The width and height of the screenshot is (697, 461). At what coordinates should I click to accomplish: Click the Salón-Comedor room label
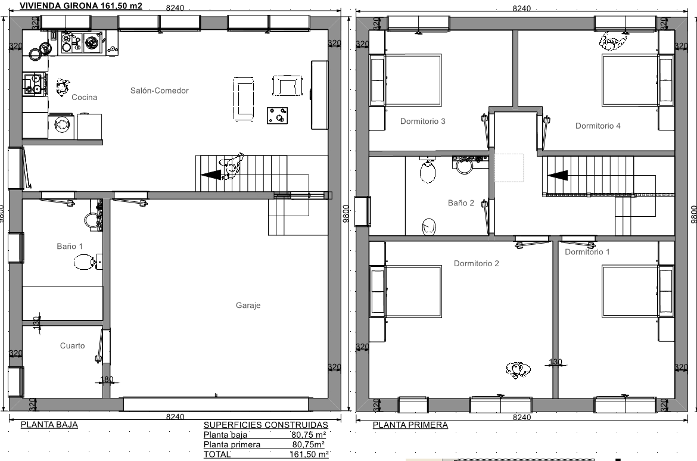pyautogui.click(x=159, y=91)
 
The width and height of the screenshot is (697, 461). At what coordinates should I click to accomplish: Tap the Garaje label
pyautogui.click(x=248, y=306)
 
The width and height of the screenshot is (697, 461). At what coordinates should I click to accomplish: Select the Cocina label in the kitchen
pyautogui.click(x=85, y=97)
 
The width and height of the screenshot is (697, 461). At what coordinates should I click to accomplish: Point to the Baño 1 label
pyautogui.click(x=70, y=246)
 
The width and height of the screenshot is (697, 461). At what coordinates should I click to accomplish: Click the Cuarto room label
pyautogui.click(x=73, y=346)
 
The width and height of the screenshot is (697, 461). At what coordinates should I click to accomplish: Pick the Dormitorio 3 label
pyautogui.click(x=423, y=122)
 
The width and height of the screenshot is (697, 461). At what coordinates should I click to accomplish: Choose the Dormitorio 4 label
pyautogui.click(x=598, y=126)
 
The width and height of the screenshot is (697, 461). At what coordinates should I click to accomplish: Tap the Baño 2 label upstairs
pyautogui.click(x=461, y=203)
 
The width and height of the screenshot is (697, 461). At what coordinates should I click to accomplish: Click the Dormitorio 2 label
pyautogui.click(x=476, y=264)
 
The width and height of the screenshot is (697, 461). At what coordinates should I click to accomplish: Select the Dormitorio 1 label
pyautogui.click(x=587, y=252)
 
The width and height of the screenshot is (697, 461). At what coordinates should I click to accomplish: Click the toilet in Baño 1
pyautogui.click(x=85, y=262)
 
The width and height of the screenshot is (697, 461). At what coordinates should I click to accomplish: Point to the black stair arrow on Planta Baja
pyautogui.click(x=211, y=175)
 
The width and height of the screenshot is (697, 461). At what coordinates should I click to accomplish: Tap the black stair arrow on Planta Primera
pyautogui.click(x=558, y=176)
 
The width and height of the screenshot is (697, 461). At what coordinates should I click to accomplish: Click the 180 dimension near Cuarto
pyautogui.click(x=107, y=379)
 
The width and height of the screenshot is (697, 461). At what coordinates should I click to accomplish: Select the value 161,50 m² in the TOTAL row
pyautogui.click(x=309, y=454)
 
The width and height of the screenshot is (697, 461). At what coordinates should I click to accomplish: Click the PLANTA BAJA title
pyautogui.click(x=49, y=425)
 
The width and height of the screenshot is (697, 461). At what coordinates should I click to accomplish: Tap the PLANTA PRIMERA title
pyautogui.click(x=410, y=425)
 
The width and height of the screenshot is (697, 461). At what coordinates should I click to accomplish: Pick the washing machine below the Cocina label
pyautogui.click(x=62, y=125)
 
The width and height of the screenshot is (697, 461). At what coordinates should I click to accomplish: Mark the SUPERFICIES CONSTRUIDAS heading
pyautogui.click(x=266, y=425)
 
